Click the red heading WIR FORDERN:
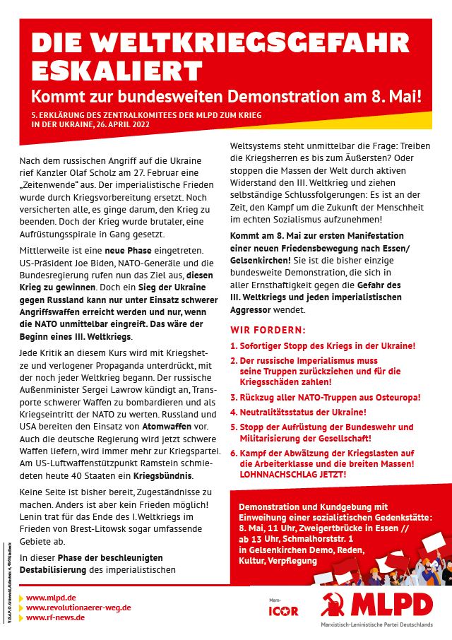[268, 330]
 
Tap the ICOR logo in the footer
[283, 610]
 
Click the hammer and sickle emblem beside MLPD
[333, 604]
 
